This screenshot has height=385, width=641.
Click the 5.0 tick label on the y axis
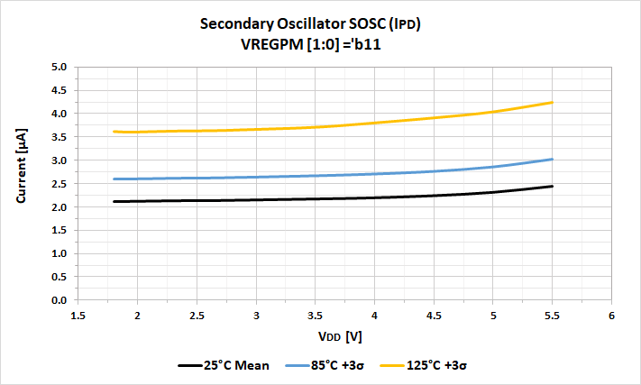point(60,67)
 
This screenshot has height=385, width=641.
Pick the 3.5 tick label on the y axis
point(60,137)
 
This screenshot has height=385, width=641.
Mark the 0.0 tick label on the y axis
point(60,300)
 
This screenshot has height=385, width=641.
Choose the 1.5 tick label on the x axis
point(78,316)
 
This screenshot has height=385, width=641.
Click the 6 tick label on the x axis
point(611,316)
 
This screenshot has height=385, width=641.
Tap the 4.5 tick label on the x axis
point(434,316)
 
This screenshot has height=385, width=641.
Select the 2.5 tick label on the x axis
point(197,316)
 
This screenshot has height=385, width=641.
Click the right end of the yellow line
point(552,103)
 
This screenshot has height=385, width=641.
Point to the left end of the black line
point(114,201)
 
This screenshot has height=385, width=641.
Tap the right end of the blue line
point(552,160)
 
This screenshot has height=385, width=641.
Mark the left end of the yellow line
point(114,132)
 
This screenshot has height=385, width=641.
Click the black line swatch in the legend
point(192,365)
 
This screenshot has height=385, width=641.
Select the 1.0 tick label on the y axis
point(60,253)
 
